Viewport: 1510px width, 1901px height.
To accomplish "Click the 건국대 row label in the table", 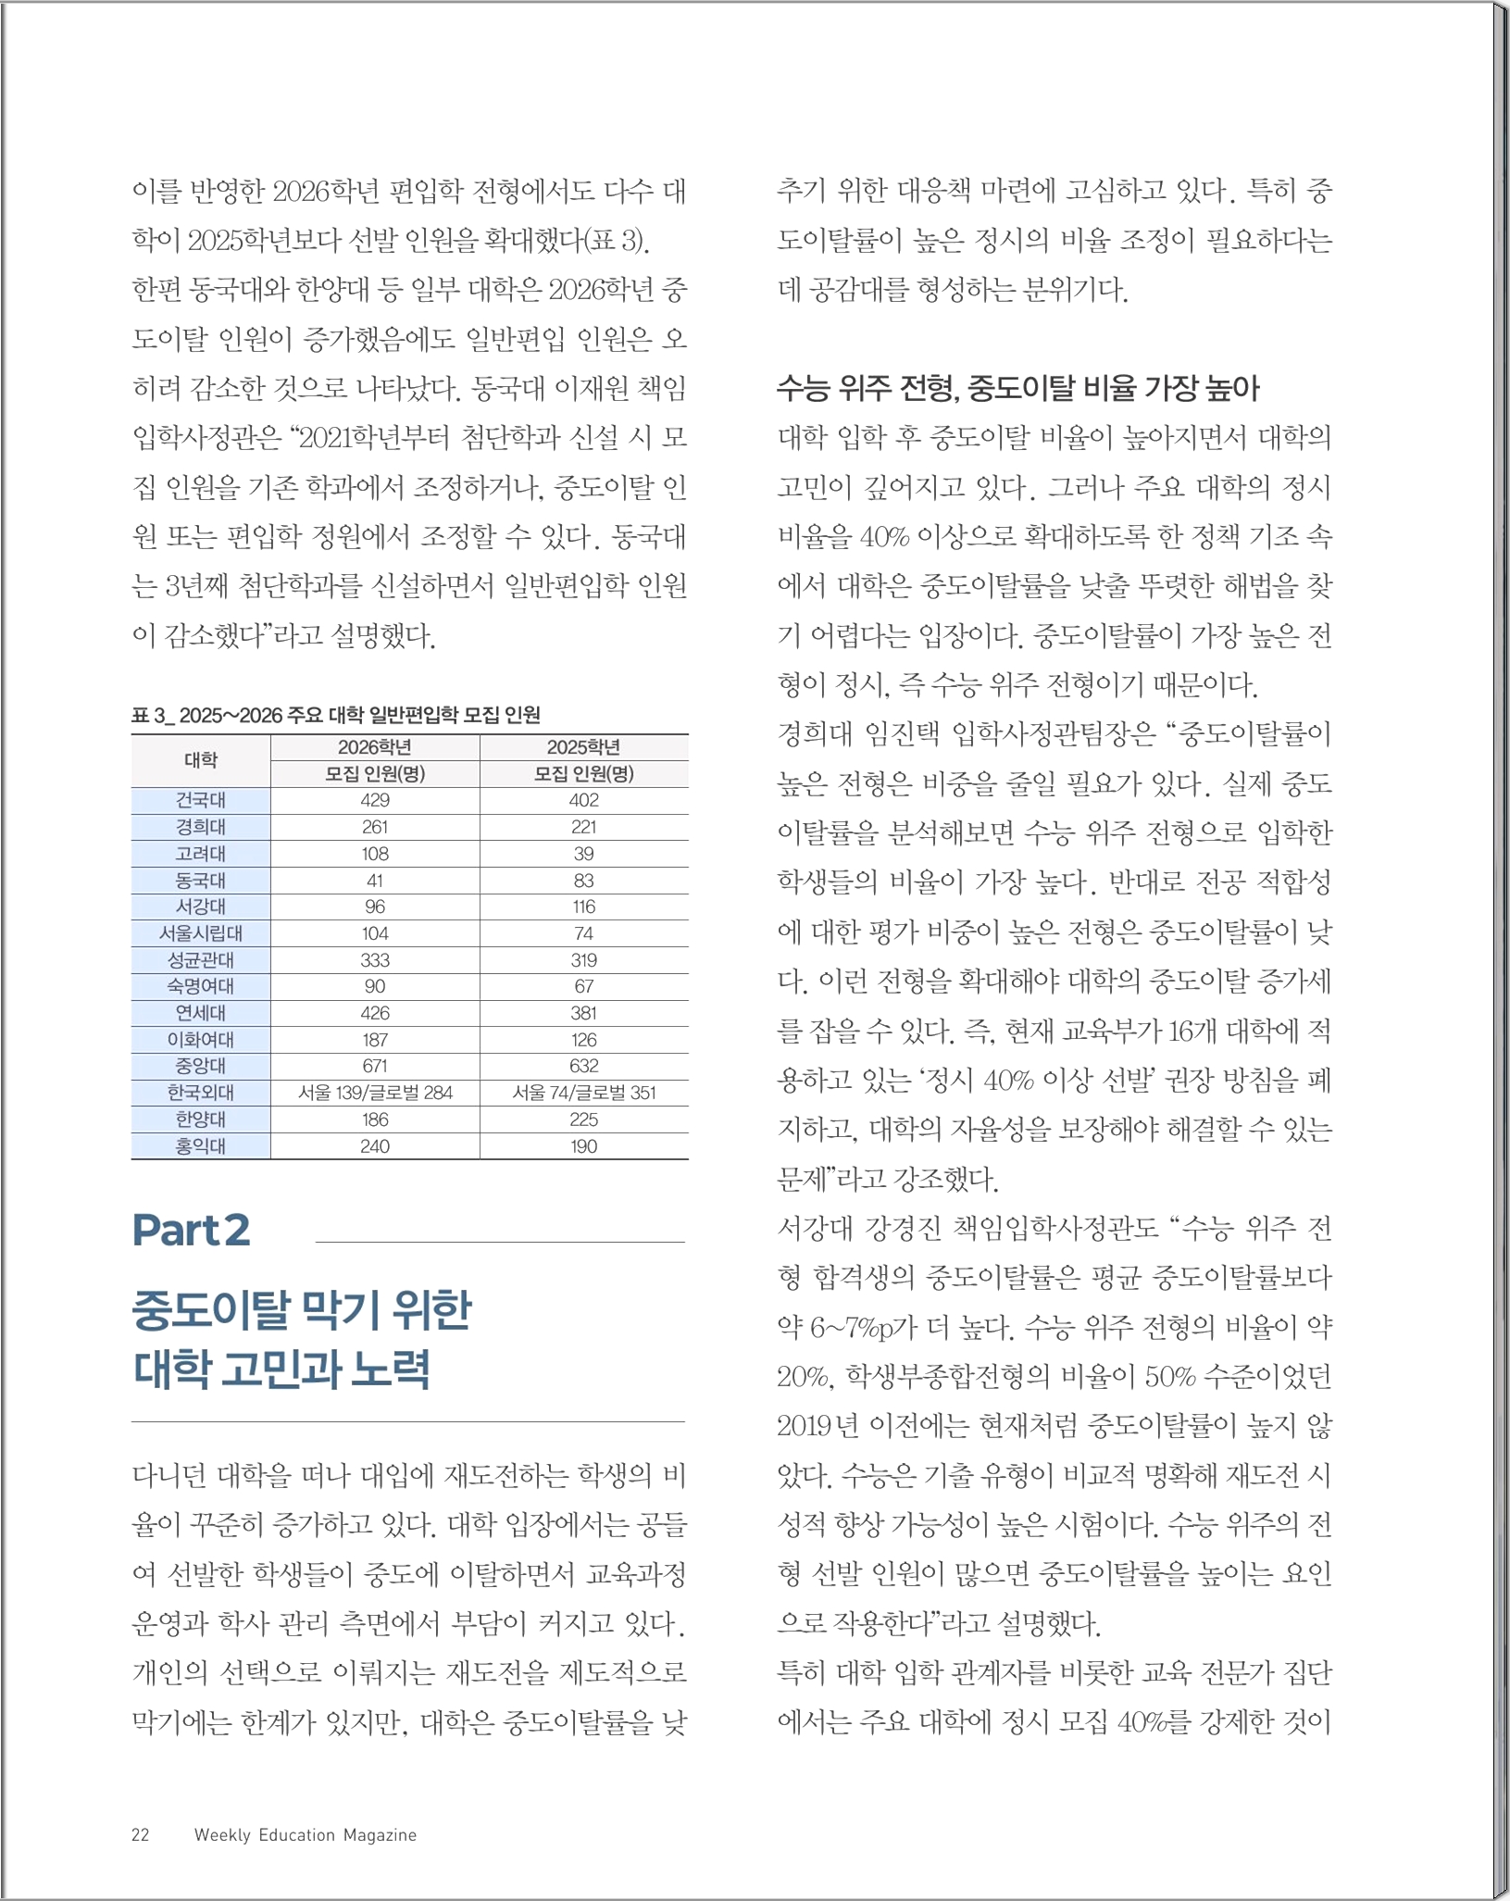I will tap(201, 800).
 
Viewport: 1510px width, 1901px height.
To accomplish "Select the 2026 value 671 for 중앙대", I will tap(375, 1066).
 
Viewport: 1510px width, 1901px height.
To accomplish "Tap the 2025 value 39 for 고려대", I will tap(583, 854).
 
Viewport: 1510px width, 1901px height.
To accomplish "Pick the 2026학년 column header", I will tap(375, 747).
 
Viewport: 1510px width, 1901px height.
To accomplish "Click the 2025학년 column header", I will tap(583, 747).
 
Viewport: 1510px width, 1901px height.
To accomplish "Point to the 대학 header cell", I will tap(201, 760).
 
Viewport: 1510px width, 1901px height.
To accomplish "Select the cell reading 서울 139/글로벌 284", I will tap(375, 1093).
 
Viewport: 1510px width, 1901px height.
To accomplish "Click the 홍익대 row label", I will tap(201, 1146).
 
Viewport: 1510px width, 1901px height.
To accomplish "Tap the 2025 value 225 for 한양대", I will tap(583, 1119).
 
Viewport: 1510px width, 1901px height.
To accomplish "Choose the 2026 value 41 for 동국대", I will tap(375, 881).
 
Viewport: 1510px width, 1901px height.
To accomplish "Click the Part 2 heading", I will tap(192, 1231).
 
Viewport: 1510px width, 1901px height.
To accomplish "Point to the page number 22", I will tap(141, 1835).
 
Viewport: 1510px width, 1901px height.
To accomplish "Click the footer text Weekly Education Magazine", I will tap(306, 1835).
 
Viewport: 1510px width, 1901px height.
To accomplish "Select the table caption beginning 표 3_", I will tap(336, 715).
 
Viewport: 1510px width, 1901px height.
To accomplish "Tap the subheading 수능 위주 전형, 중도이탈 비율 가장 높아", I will tap(1018, 388).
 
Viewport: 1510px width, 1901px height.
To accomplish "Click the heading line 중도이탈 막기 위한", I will tap(302, 1310).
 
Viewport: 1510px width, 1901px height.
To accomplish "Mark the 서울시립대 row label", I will tap(201, 933).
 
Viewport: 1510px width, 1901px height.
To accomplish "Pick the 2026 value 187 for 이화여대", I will tap(375, 1040).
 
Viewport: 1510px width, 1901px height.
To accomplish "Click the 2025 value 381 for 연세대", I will tap(583, 1013).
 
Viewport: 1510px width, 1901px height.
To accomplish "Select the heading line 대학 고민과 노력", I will tap(281, 1369).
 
